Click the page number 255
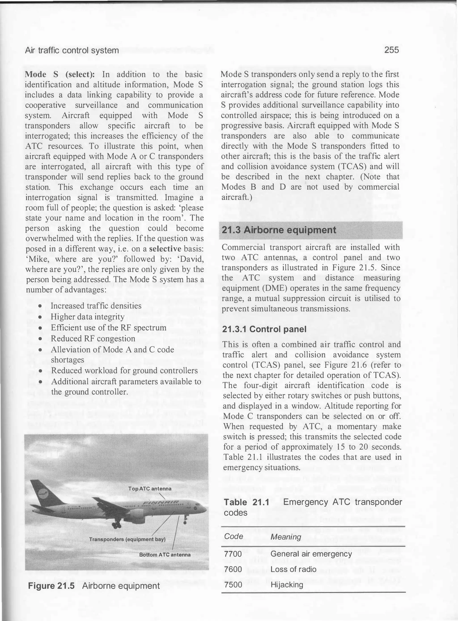(x=391, y=50)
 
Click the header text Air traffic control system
(x=72, y=51)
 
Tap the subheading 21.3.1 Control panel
(x=264, y=329)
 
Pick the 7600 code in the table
(x=233, y=569)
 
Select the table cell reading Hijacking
(x=287, y=585)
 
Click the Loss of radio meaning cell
(x=293, y=569)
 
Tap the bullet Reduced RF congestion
(x=93, y=339)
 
